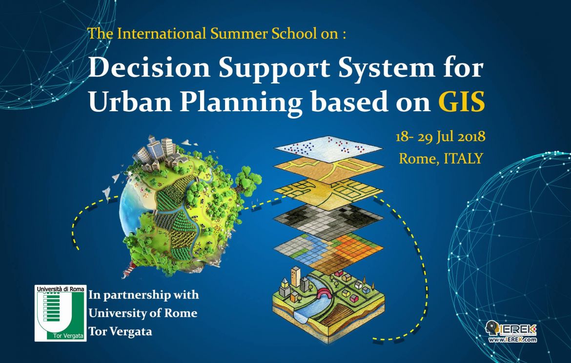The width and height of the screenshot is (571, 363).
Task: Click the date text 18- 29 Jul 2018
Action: pos(440,136)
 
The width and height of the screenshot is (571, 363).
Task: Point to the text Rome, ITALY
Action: pos(441,158)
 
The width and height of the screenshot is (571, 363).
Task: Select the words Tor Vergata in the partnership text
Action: pos(120,332)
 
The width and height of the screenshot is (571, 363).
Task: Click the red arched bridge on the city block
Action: pos(323,293)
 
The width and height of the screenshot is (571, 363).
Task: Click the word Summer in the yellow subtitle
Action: pos(232,34)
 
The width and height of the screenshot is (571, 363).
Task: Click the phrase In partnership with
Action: pos(143,295)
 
